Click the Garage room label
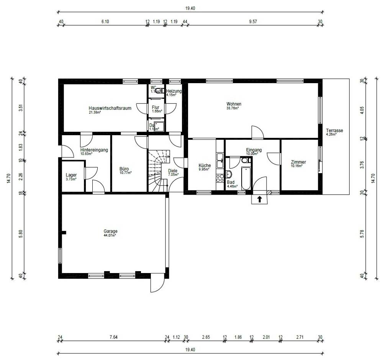tap(110, 231)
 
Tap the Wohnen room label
tap(234, 104)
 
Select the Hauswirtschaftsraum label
tap(110, 108)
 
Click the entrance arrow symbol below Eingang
tap(259, 199)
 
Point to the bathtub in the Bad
tap(246, 178)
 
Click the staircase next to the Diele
tap(157, 170)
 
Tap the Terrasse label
tap(334, 131)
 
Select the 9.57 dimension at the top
tap(252, 22)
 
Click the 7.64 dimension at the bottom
tap(113, 337)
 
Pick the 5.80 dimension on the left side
tap(20, 234)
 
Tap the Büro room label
tap(124, 169)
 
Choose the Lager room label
tap(71, 175)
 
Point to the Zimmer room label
tap(298, 162)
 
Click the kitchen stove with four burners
tap(220, 178)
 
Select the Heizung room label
tap(173, 91)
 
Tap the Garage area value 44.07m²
tap(110, 236)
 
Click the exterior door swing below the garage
tap(157, 283)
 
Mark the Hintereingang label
tap(94, 150)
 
